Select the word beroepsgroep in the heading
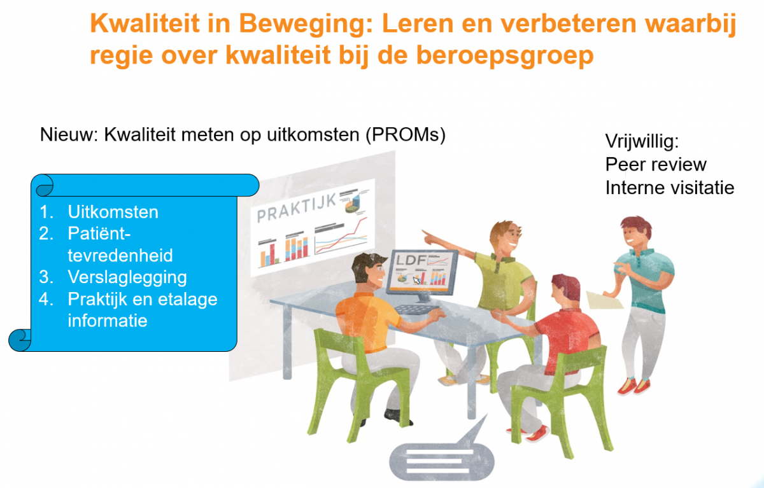505,56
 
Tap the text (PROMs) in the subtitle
406,136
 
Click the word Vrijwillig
642,141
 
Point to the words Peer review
656,165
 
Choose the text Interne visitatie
670,188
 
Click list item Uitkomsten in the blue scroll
113,212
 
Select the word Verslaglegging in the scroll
127,277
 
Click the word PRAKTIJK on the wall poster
297,207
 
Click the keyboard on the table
416,309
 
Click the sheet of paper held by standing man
604,300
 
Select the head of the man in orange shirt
369,270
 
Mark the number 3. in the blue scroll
46,277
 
